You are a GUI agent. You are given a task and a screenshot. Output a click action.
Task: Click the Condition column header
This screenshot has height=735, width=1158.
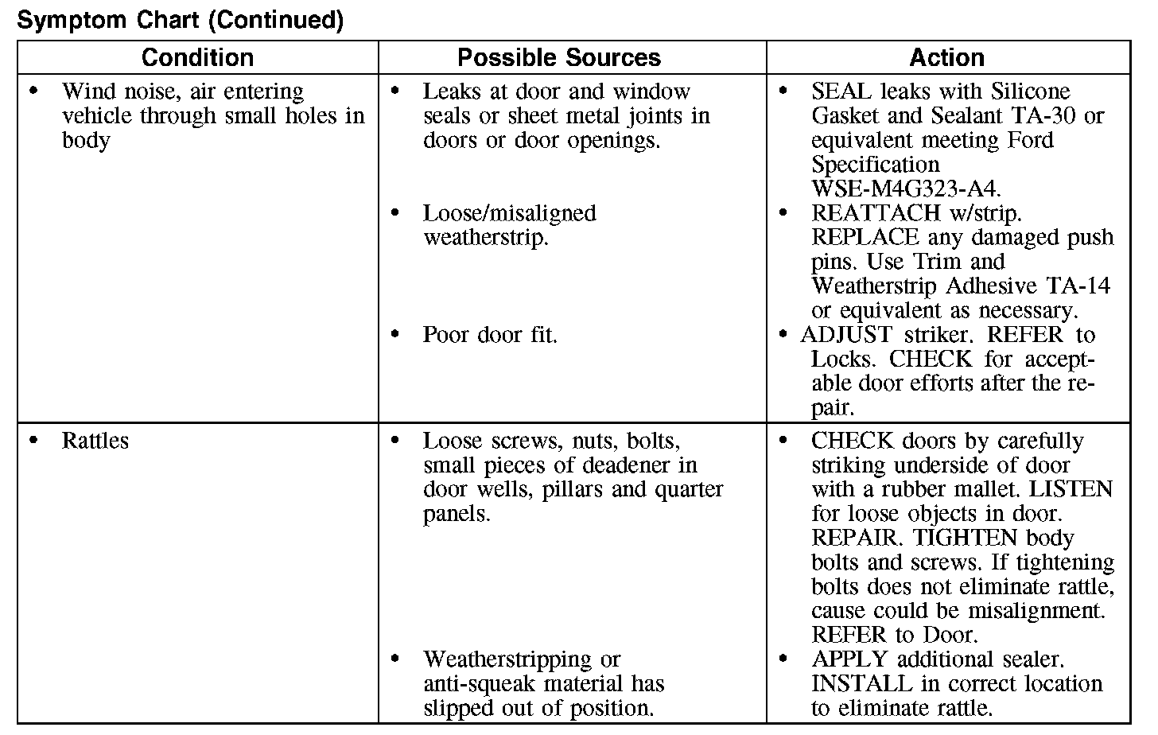coord(197,58)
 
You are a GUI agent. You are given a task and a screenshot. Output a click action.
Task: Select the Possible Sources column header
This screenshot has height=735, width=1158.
coord(559,58)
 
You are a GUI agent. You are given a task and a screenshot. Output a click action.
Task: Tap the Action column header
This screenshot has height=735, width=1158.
coord(946,58)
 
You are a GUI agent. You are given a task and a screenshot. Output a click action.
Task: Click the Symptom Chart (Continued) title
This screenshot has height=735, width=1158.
coord(180,21)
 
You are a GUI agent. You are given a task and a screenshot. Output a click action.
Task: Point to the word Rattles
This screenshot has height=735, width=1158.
coord(95,441)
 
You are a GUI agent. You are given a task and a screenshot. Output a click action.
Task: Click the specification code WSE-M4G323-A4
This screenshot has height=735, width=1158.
coord(906,189)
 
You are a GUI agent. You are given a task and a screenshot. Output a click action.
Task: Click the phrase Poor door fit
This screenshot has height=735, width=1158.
coord(490,335)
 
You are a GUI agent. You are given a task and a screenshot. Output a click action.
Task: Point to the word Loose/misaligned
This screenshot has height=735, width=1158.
coord(509,213)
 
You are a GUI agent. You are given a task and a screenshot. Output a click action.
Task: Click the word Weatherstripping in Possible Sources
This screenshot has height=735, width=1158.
coord(507,659)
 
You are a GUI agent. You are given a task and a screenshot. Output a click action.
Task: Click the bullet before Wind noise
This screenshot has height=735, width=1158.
coord(33,91)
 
